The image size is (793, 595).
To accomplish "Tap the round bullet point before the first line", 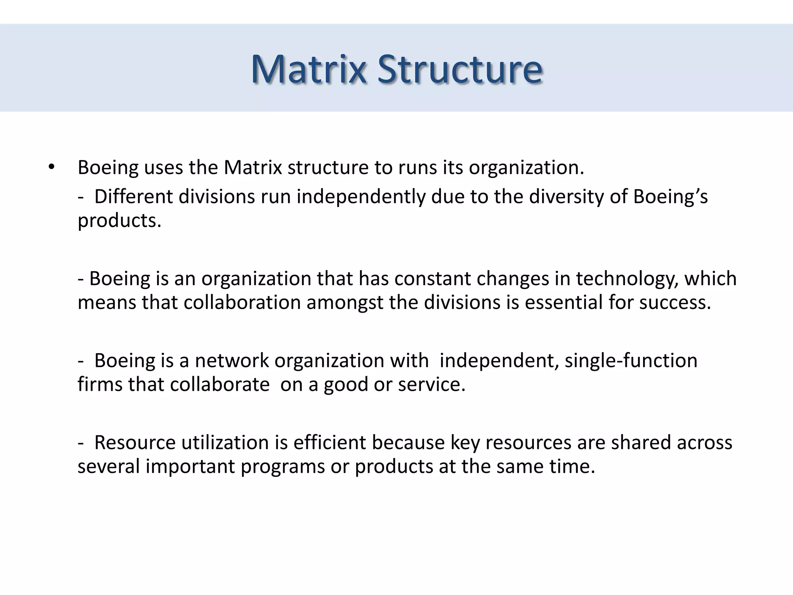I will coord(51,167).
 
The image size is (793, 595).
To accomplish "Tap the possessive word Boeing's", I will coord(670,197).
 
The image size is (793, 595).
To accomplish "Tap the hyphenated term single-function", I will coord(631,361).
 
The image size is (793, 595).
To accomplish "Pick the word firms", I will coord(100,385).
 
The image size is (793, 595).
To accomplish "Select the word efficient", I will coord(330,443).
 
